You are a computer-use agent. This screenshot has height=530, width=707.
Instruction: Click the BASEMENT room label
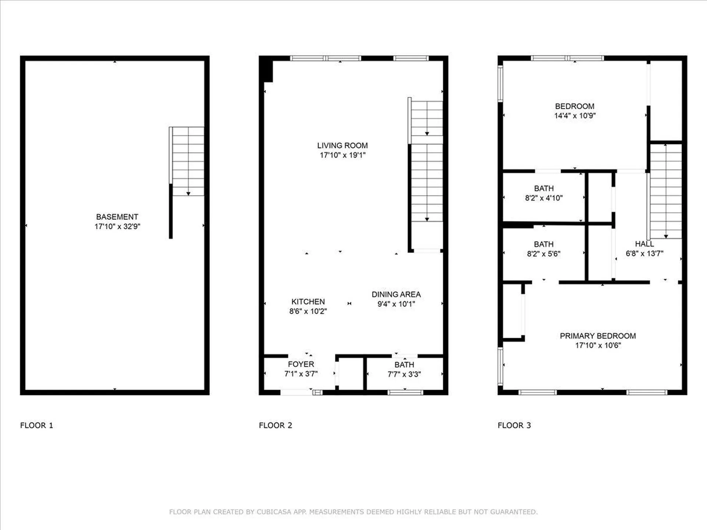tap(117, 217)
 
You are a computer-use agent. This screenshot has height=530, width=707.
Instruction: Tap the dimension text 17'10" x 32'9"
tap(117, 226)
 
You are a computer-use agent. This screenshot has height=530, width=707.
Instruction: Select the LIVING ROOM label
tap(342, 145)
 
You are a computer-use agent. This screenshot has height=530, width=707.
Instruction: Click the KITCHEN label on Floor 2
tap(308, 301)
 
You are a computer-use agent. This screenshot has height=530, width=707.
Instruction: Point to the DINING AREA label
tap(396, 294)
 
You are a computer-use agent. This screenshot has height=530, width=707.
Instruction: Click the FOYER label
tap(301, 364)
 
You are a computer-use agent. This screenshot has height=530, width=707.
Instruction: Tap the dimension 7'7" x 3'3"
tap(404, 374)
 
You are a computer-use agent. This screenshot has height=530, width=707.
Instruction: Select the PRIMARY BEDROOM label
tap(598, 336)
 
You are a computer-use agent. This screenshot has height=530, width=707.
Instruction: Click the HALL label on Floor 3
tap(644, 244)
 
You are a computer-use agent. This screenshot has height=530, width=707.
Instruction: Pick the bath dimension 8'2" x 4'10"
tap(544, 198)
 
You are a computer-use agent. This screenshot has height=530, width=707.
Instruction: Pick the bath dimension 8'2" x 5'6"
tap(544, 254)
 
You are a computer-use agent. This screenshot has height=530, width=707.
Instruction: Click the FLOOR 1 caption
tap(36, 425)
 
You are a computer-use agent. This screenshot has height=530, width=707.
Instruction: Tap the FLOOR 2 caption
tap(275, 425)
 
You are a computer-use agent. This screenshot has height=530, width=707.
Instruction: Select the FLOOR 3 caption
tap(514, 425)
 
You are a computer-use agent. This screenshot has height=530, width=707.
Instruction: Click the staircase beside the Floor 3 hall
tap(666, 191)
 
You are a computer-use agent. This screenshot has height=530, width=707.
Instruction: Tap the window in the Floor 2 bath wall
tap(405, 393)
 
